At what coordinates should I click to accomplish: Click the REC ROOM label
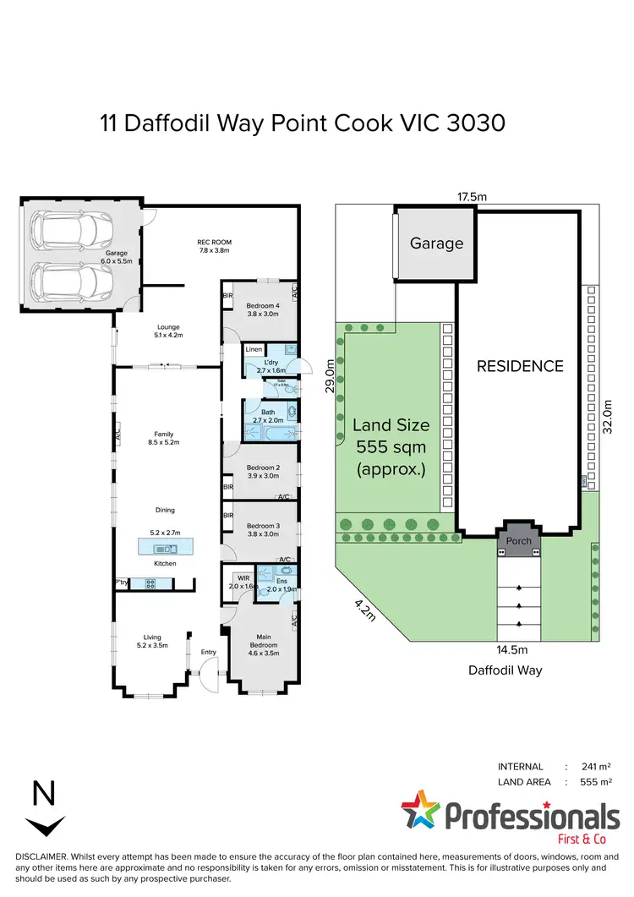coord(214,245)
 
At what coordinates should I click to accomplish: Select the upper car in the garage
coord(72,227)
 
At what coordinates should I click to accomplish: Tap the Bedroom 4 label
coord(262,310)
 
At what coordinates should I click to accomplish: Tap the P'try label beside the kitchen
coord(123,582)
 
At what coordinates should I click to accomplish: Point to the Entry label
coord(208,651)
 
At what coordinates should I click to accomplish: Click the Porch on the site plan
coord(519,540)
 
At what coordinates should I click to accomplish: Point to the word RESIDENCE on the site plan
coord(519,366)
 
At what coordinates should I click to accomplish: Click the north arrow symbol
coord(44,825)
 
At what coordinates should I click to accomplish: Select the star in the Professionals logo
coord(419,811)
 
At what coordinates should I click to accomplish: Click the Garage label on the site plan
coord(436,243)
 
